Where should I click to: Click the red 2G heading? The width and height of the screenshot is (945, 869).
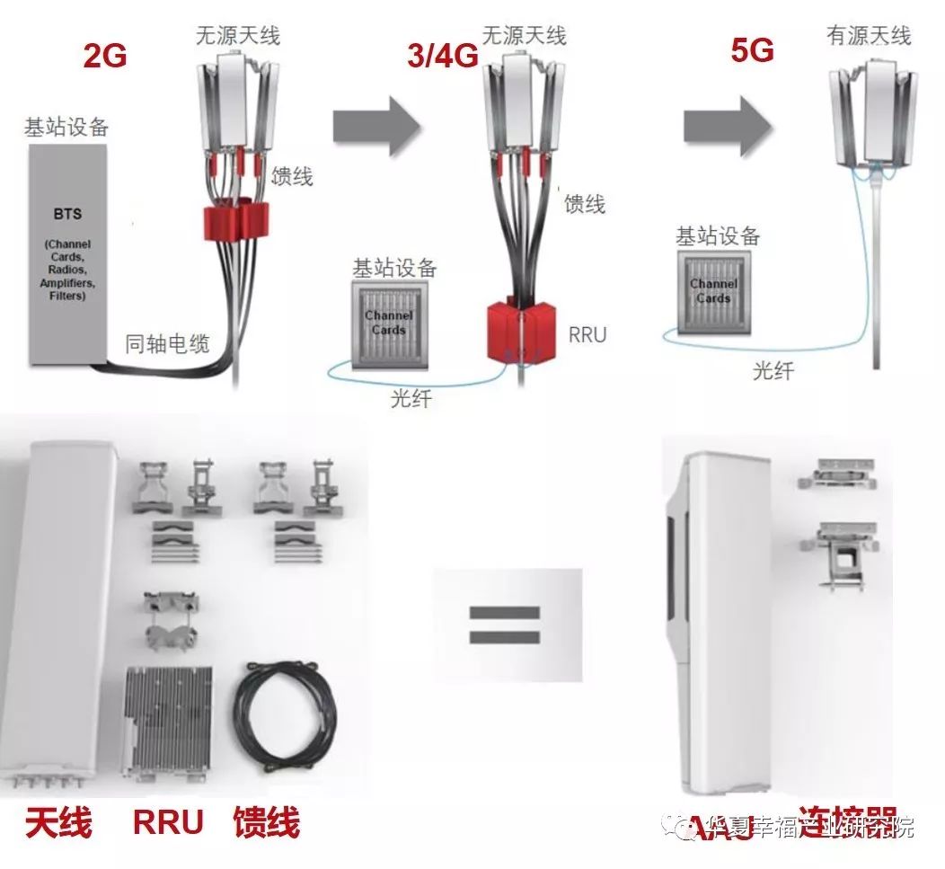pyautogui.click(x=105, y=55)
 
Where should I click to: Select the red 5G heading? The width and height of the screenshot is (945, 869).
pyautogui.click(x=752, y=50)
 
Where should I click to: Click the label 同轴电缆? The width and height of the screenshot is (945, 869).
pyautogui.click(x=166, y=342)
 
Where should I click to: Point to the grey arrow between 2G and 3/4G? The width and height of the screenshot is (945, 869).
pyautogui.click(x=376, y=127)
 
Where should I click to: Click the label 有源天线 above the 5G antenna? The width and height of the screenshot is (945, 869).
pyautogui.click(x=868, y=36)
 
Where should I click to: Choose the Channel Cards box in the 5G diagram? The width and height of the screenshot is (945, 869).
pyautogui.click(x=713, y=291)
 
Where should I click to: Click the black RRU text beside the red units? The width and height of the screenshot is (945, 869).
pyautogui.click(x=587, y=335)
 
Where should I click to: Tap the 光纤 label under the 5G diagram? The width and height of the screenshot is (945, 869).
pyautogui.click(x=773, y=370)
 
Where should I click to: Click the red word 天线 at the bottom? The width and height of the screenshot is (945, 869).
pyautogui.click(x=58, y=823)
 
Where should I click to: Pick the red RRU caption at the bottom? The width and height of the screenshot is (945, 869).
pyautogui.click(x=168, y=823)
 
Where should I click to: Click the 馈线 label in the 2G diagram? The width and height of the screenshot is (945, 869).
pyautogui.click(x=292, y=176)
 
